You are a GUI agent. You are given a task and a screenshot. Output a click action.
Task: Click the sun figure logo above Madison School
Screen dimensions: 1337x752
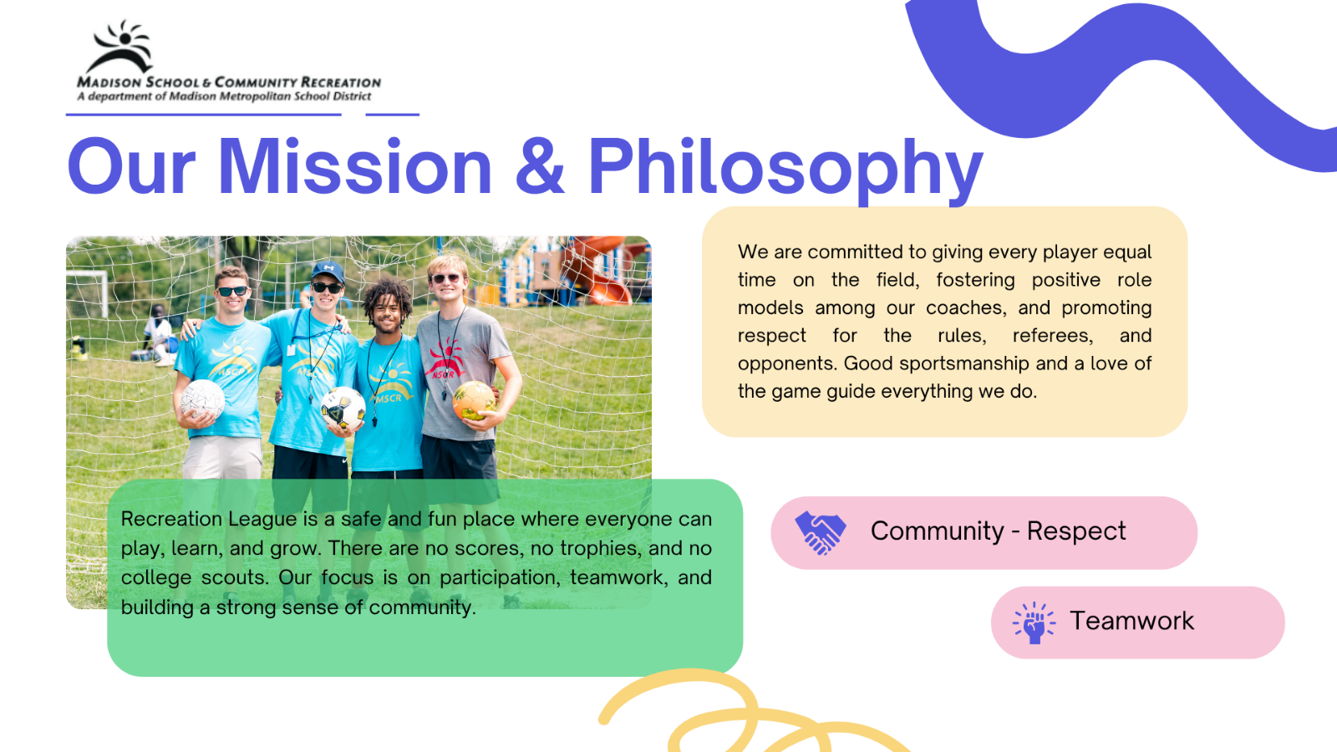120,47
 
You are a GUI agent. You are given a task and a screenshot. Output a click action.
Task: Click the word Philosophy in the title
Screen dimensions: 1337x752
785,169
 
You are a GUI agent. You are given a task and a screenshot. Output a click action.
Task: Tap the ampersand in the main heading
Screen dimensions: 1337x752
540,166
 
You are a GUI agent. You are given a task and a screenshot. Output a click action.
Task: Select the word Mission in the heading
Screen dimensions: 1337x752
355,165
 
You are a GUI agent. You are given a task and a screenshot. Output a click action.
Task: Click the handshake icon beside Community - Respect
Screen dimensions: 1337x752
820,532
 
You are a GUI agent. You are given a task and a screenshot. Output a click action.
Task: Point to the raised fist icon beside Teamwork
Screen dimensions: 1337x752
1034,622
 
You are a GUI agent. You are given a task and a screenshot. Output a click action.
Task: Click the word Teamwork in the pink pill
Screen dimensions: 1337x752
1131,621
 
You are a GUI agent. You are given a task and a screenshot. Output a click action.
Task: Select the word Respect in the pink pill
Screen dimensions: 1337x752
1076,531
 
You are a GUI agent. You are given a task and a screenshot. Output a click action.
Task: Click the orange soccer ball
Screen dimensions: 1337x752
474,400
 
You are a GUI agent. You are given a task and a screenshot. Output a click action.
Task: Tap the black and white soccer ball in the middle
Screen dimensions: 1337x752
343,408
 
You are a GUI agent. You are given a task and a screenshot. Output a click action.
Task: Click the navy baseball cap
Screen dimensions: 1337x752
328,272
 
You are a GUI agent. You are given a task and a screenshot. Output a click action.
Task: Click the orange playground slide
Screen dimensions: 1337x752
600,268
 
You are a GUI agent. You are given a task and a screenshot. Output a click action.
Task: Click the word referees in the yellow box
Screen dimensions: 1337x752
1053,335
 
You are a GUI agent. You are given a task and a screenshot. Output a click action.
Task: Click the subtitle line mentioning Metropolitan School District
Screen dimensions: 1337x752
224,96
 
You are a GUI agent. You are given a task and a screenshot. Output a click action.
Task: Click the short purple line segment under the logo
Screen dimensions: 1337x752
392,114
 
